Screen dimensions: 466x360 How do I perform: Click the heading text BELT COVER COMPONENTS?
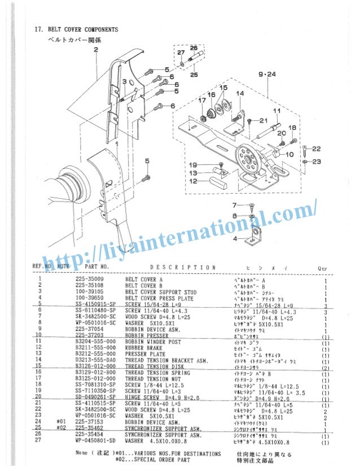click(x=81, y=29)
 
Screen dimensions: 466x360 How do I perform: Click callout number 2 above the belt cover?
click(x=96, y=50)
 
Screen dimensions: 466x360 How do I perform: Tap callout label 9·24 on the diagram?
click(x=267, y=74)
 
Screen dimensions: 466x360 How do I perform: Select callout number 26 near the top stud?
click(x=193, y=48)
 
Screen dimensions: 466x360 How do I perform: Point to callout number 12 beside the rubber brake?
click(x=193, y=181)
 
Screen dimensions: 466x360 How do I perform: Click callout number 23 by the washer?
click(x=316, y=162)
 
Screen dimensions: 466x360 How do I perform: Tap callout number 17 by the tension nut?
click(x=201, y=101)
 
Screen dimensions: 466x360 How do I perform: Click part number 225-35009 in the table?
click(x=91, y=279)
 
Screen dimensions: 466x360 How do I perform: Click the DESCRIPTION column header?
click(x=182, y=267)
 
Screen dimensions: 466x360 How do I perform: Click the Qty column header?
click(x=323, y=268)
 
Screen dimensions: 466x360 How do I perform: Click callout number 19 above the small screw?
click(x=193, y=164)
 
